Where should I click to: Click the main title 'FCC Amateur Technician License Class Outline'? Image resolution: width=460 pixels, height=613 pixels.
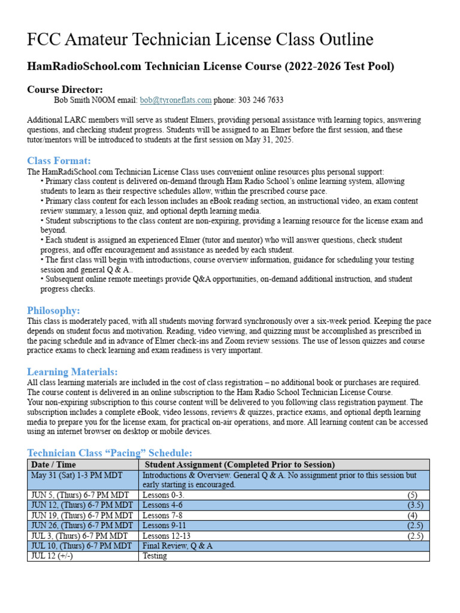200,40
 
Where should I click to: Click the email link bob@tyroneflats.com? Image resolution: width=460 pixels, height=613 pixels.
175,100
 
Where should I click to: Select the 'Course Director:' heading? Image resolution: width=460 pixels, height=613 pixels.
65,89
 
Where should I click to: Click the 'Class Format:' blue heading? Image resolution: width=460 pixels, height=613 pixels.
59,160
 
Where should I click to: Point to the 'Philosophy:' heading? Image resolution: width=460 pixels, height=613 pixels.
53,310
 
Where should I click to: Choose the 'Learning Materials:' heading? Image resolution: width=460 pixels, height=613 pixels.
72,372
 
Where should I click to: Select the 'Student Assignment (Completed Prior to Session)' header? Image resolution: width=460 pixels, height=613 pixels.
240,465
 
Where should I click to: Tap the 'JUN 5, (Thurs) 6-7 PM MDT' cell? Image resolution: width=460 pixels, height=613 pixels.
81,495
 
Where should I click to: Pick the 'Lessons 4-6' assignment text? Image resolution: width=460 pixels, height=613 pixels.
162,505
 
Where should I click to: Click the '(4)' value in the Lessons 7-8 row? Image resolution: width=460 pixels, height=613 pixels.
413,515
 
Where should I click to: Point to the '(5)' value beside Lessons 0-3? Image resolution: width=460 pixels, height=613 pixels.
413,495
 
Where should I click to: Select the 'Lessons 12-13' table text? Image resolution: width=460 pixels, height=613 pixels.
166,536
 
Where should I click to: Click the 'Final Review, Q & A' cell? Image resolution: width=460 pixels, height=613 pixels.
177,546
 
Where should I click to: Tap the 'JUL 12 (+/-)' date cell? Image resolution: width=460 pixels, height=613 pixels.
52,556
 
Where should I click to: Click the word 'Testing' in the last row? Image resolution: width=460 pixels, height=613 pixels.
155,556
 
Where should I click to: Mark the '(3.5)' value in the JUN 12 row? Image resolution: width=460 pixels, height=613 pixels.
415,505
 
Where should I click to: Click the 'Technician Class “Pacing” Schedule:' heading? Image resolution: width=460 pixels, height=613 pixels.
110,453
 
